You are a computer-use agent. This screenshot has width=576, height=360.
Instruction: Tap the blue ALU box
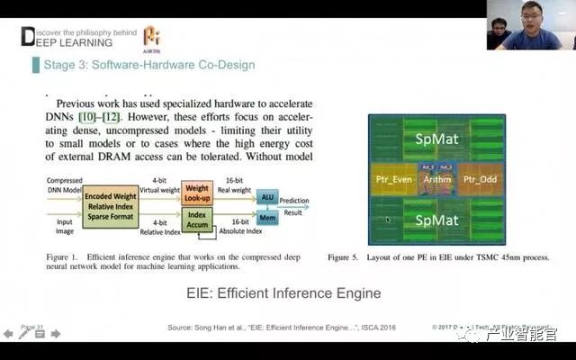click(267, 196)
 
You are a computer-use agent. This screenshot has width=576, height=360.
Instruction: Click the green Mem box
click(267, 217)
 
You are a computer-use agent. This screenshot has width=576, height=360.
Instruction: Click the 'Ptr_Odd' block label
click(478, 180)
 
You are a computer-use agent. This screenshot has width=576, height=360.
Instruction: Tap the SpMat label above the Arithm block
click(436, 139)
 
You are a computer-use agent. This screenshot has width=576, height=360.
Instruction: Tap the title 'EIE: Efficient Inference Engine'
click(288, 293)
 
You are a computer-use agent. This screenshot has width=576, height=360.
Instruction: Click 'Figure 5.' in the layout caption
click(343, 256)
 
